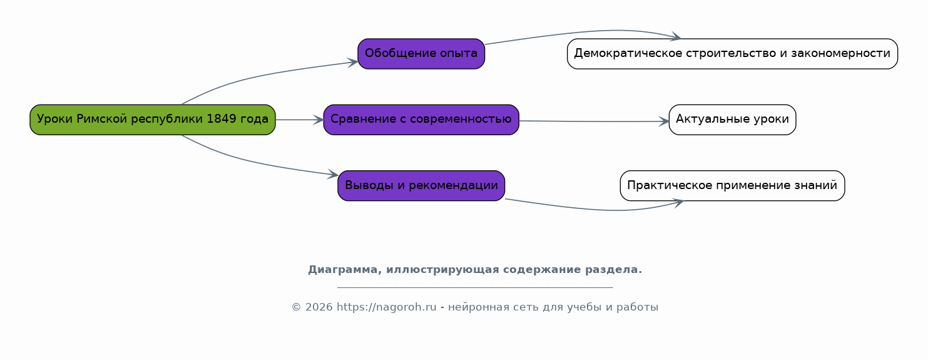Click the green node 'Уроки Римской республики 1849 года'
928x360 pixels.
pos(153,120)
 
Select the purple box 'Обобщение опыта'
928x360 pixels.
pos(421,54)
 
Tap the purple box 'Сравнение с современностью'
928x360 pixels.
pos(421,120)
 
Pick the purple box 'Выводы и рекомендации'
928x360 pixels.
pos(421,185)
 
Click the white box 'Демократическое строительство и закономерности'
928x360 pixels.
pos(733,54)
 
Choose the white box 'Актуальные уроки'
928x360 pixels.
pos(733,120)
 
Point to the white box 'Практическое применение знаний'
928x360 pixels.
pos(733,185)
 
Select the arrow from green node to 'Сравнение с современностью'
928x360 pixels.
pos(300,120)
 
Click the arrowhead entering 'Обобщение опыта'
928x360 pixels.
pos(353,63)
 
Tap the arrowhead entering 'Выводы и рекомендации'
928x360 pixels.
pos(334,175)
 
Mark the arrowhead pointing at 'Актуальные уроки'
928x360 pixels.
pos(664,121)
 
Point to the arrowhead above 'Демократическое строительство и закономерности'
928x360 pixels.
pos(676,36)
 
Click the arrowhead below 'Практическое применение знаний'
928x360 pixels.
pos(678,203)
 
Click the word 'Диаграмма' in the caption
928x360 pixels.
pos(345,270)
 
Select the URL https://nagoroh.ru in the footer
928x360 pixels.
pos(387,307)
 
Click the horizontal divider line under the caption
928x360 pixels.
pos(475,287)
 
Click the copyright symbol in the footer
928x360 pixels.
pos(296,307)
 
